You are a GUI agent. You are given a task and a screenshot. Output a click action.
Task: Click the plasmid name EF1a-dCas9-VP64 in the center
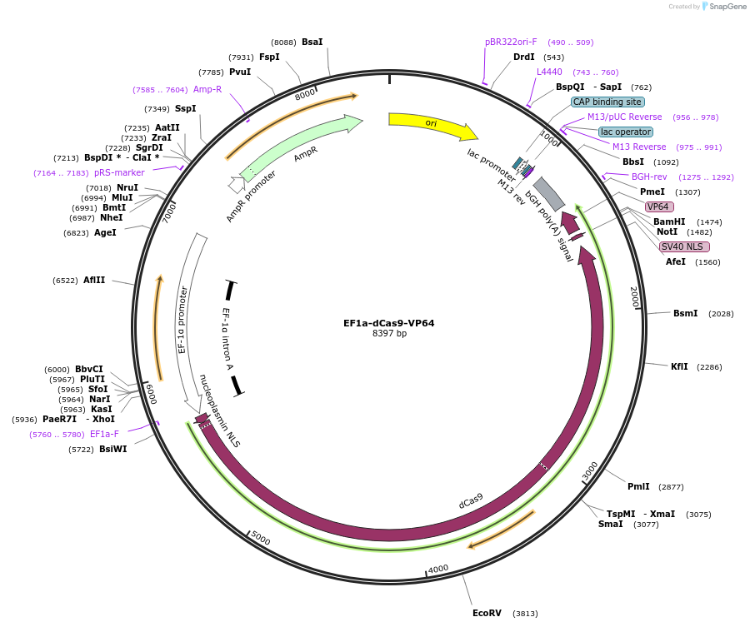pyautogui.click(x=388, y=323)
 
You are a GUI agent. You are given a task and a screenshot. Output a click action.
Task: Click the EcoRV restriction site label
pyautogui.click(x=487, y=613)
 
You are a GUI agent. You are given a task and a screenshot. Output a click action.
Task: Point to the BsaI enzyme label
pyautogui.click(x=312, y=42)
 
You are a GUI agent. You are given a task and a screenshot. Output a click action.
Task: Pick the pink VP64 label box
pyautogui.click(x=659, y=207)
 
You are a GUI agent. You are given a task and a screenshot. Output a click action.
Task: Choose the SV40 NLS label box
pyautogui.click(x=684, y=246)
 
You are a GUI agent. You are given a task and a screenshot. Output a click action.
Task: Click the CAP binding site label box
pyautogui.click(x=607, y=102)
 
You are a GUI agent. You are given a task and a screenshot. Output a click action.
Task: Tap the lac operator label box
pyautogui.click(x=626, y=132)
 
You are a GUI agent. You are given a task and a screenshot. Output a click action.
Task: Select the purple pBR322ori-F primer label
pyautogui.click(x=511, y=42)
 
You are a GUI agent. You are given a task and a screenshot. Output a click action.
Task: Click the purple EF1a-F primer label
pyautogui.click(x=104, y=434)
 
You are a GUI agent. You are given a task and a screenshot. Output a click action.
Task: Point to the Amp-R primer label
pyautogui.click(x=207, y=89)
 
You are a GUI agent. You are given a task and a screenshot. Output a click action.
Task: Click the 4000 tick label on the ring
pyautogui.click(x=438, y=569)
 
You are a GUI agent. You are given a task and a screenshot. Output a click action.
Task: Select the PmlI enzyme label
pyautogui.click(x=638, y=486)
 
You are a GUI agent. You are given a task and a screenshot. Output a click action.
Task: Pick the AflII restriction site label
pyautogui.click(x=94, y=281)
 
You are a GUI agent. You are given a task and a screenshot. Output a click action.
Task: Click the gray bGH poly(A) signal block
pyautogui.click(x=549, y=193)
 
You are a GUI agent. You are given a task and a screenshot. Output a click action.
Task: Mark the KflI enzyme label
pyautogui.click(x=680, y=366)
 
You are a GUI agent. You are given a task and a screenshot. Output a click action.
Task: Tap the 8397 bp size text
pyautogui.click(x=389, y=334)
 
